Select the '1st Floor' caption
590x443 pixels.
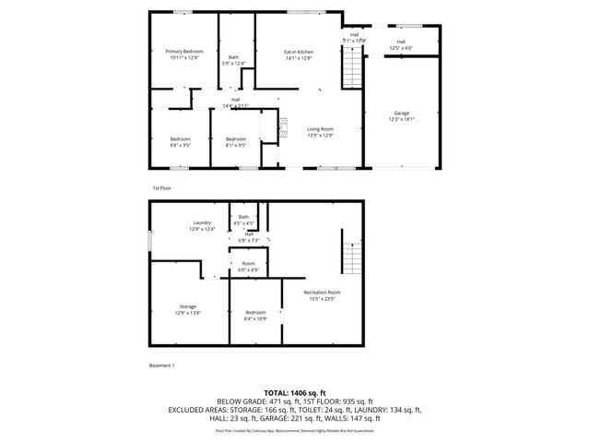[162, 187]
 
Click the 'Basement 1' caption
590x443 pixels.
[162, 365]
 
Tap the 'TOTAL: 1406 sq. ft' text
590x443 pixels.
[294, 393]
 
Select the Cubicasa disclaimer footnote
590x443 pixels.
[294, 430]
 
